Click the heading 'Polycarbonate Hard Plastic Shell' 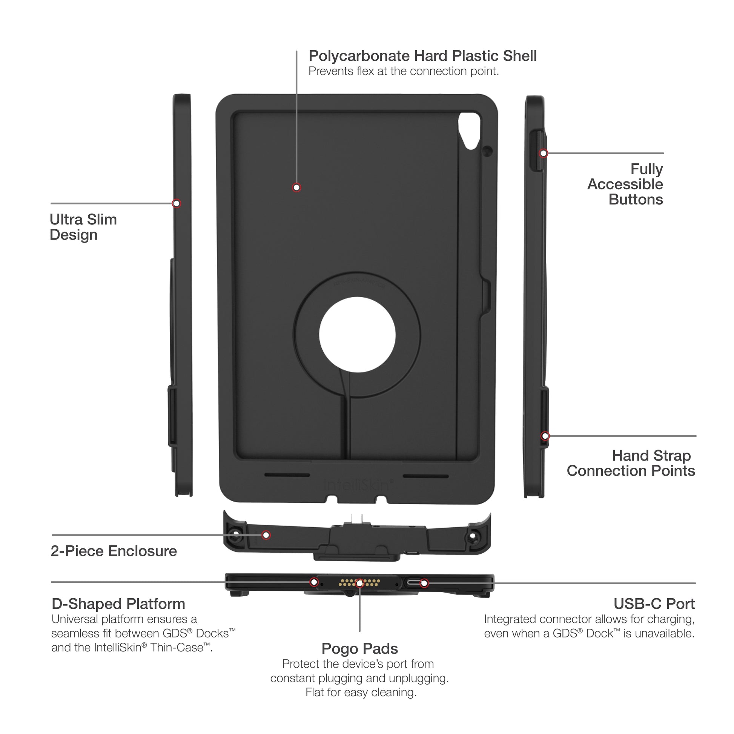tap(422, 56)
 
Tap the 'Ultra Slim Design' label tap(83, 227)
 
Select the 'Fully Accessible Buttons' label tap(625, 184)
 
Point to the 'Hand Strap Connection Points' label tap(631, 463)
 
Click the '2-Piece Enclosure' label tap(114, 551)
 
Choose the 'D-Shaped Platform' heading tap(118, 604)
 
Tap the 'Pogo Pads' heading tap(359, 648)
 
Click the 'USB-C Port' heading tap(654, 604)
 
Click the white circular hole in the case tap(357, 335)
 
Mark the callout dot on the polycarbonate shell tap(296, 187)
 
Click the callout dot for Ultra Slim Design tap(176, 203)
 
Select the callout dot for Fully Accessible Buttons tap(543, 153)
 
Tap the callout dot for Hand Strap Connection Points tap(545, 436)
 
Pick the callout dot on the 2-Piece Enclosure tap(266, 535)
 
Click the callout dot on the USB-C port tap(424, 583)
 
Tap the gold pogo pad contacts tap(359, 582)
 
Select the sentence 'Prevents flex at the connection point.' tap(404, 71)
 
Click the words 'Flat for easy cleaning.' tap(361, 692)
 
